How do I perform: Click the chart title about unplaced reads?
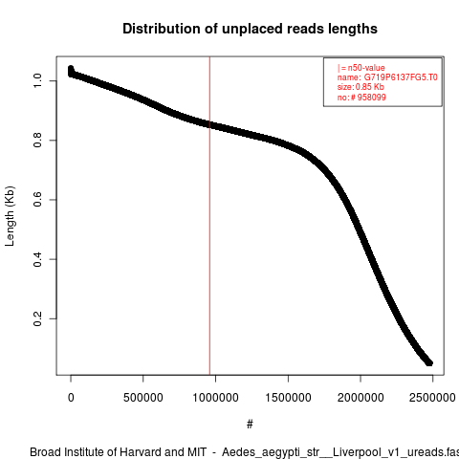pyautogui.click(x=250, y=29)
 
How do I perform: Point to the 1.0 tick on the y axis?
pyautogui.click(x=37, y=81)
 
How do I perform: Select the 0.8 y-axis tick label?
pyautogui.click(x=37, y=141)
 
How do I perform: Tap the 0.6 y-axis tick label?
pyautogui.click(x=37, y=200)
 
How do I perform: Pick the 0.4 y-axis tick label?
pyautogui.click(x=37, y=259)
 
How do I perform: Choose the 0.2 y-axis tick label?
pyautogui.click(x=37, y=318)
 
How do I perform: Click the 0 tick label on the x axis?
pyautogui.click(x=71, y=398)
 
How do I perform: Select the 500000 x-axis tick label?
pyautogui.click(x=143, y=398)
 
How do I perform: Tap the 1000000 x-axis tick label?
pyautogui.click(x=215, y=398)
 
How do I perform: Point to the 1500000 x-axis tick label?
pyautogui.click(x=288, y=398)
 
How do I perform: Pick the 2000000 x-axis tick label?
pyautogui.click(x=361, y=398)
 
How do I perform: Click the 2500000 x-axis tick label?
pyautogui.click(x=432, y=398)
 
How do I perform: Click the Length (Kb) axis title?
pyautogui.click(x=10, y=216)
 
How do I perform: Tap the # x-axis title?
pyautogui.click(x=250, y=425)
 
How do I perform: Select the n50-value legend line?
pyautogui.click(x=361, y=68)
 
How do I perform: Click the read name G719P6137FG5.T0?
pyautogui.click(x=401, y=77)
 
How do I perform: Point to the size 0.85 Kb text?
pyautogui.click(x=361, y=87)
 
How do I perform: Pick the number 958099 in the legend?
pyautogui.click(x=372, y=98)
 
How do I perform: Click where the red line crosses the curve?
pyautogui.click(x=209, y=124)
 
